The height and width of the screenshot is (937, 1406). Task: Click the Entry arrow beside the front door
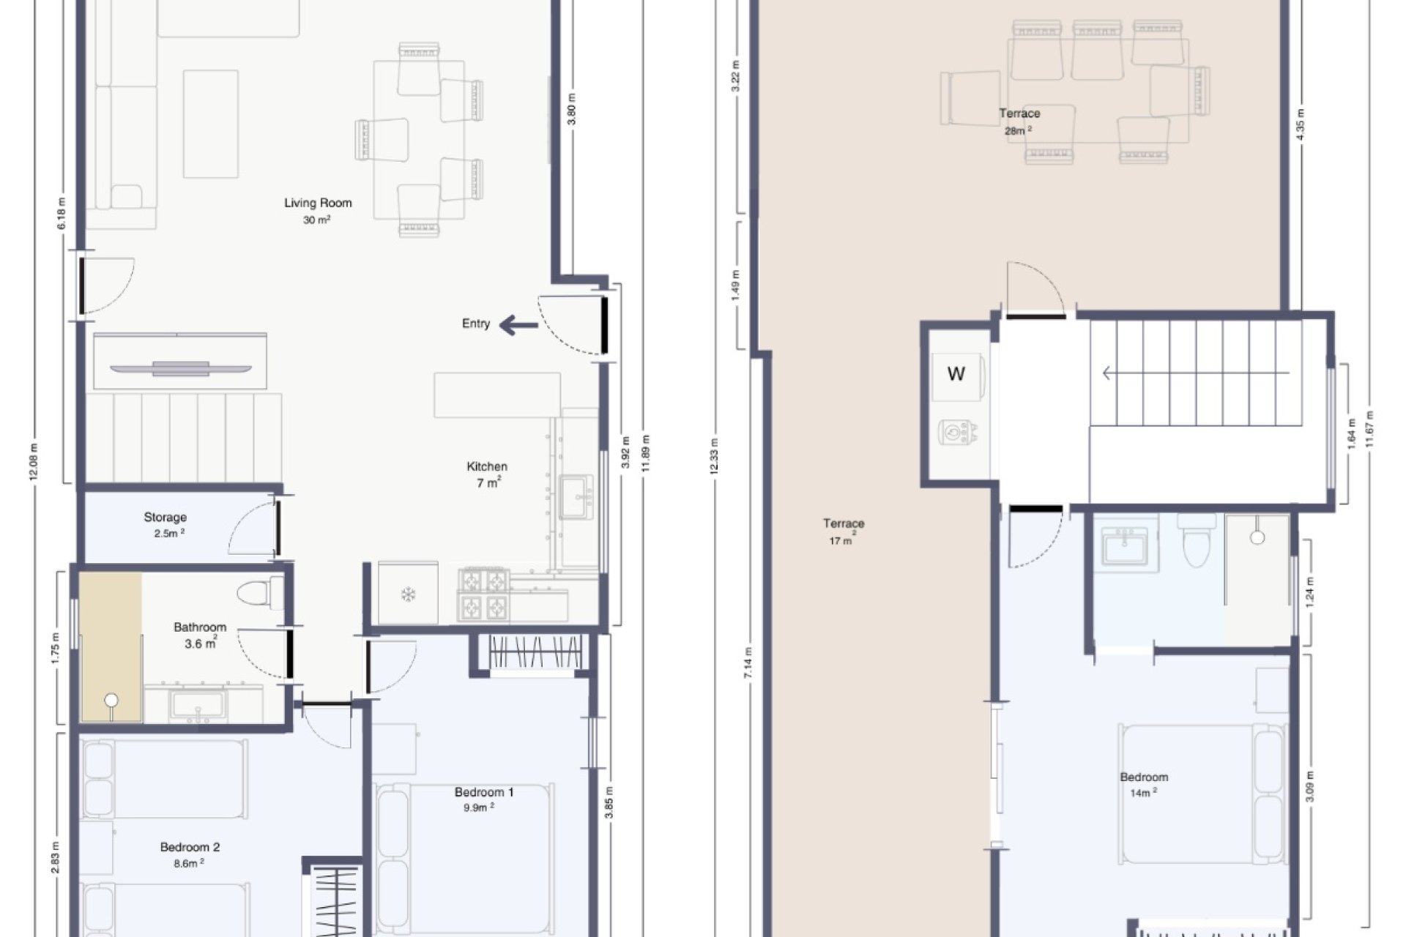[518, 325]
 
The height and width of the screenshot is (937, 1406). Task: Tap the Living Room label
[318, 204]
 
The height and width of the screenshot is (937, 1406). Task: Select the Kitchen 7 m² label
[487, 474]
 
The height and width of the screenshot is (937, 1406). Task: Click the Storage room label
[165, 518]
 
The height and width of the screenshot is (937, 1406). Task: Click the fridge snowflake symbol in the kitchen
[408, 594]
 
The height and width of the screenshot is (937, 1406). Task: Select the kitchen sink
[576, 497]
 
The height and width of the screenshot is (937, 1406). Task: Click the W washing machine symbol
[956, 374]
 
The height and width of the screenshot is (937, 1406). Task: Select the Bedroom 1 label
[483, 792]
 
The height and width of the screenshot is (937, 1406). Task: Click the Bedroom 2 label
[190, 848]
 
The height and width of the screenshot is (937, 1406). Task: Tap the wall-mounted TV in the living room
[181, 367]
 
